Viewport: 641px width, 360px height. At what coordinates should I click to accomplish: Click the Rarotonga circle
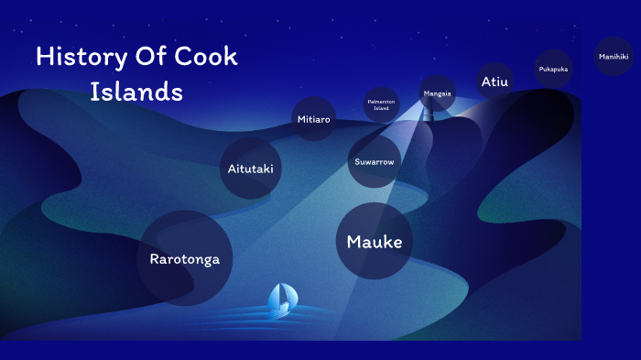184,257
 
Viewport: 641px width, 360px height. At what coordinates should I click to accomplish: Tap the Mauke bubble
374,241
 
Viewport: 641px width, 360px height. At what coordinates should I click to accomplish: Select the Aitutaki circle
250,169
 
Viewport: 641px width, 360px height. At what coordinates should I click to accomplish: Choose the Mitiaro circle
313,120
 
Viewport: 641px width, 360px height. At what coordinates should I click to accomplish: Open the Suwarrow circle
374,162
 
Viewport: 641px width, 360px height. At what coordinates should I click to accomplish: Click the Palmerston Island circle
380,104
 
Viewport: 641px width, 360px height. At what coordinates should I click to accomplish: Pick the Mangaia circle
437,93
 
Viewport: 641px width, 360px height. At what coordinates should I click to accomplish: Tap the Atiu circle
494,81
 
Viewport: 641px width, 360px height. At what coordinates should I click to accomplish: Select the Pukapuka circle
553,69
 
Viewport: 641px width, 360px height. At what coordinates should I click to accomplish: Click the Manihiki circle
613,57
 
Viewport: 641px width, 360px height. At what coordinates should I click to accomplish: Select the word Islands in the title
136,92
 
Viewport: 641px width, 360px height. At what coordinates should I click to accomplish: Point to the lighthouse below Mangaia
428,113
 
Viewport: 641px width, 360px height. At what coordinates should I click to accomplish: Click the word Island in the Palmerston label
380,108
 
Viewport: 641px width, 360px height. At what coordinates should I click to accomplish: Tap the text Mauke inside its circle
374,242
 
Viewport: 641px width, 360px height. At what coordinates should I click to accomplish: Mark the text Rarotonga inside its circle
184,258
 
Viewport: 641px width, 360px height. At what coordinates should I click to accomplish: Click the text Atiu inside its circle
494,82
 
